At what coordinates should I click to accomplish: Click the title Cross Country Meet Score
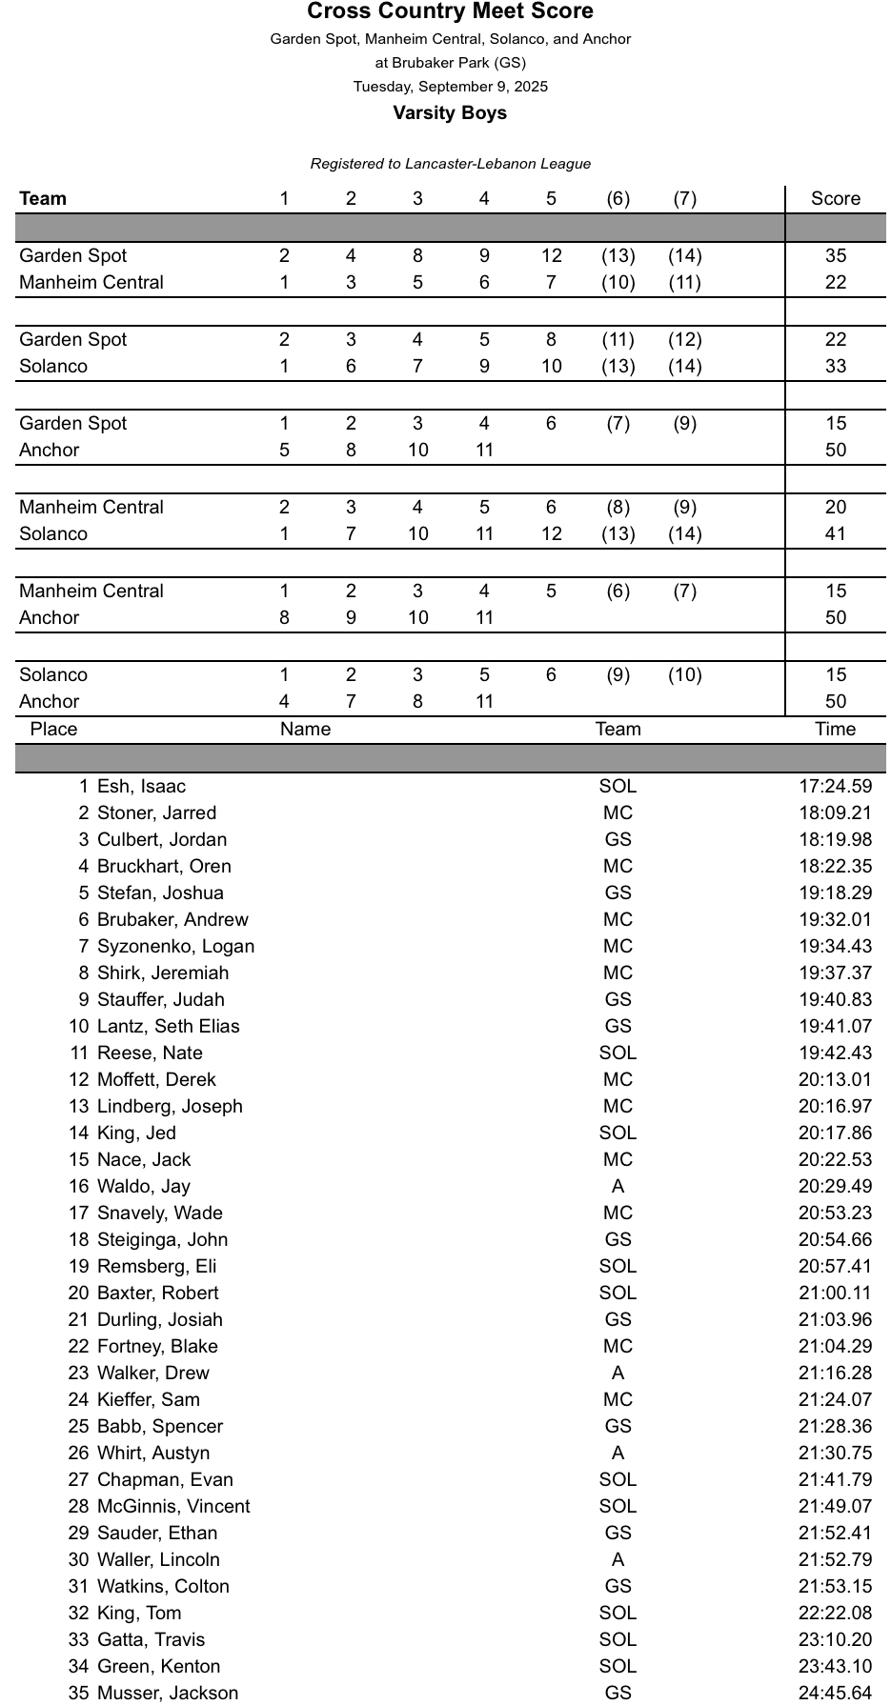(450, 11)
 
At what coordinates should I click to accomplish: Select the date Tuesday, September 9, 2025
(450, 87)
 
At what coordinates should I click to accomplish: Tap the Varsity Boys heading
(450, 113)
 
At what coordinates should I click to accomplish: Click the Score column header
(835, 199)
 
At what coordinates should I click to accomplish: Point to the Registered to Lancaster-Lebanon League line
(450, 164)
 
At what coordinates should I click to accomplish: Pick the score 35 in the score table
(836, 256)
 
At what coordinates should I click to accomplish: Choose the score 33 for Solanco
(836, 367)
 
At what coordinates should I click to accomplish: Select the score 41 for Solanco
(836, 534)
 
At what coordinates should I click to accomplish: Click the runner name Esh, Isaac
(141, 787)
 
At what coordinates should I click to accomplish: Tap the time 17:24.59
(835, 787)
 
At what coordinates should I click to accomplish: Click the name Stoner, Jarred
(156, 813)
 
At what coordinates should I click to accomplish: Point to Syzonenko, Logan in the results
(175, 947)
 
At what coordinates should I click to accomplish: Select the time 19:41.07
(835, 1027)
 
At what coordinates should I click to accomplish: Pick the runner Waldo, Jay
(143, 1187)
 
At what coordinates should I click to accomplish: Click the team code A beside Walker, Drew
(618, 1374)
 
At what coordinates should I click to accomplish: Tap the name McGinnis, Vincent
(173, 1507)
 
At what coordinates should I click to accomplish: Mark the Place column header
(53, 730)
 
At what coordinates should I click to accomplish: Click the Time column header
(835, 730)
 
